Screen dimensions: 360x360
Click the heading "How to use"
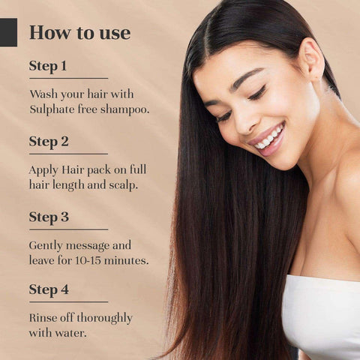[x=80, y=33]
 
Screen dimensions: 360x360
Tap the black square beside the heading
[x=8, y=32]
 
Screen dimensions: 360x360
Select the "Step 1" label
[x=48, y=66]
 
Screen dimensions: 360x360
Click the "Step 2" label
[x=49, y=142]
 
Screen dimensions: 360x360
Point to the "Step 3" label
[x=49, y=217]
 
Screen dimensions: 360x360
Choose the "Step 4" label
[x=49, y=290]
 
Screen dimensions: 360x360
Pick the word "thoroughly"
[x=104, y=319]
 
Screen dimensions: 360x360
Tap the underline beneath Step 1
[x=68, y=78]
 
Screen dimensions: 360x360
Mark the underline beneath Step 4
[x=68, y=301]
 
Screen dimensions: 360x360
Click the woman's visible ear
[x=310, y=61]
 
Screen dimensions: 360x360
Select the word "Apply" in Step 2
[x=43, y=170]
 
